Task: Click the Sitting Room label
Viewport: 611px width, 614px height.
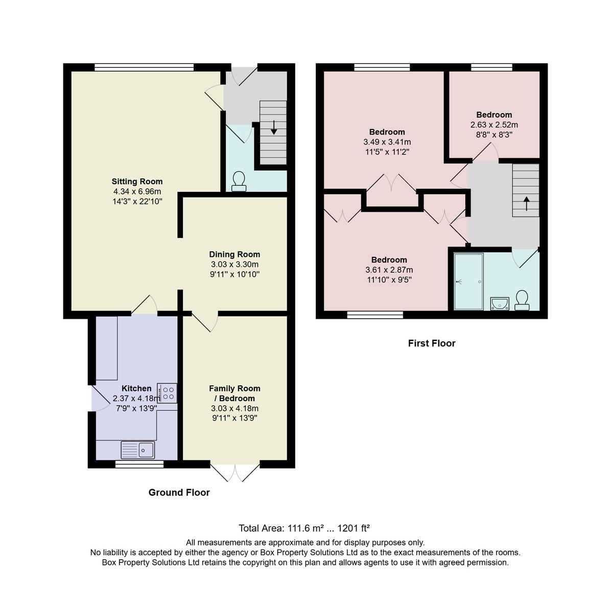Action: coord(137,181)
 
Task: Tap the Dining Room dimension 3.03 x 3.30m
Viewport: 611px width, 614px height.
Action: coord(234,264)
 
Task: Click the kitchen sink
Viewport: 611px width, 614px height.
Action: coord(138,450)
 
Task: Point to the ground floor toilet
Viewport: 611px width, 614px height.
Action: coord(239,181)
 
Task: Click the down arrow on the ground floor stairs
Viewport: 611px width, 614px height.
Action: coord(274,127)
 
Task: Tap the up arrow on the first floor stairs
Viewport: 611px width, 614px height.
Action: coord(526,204)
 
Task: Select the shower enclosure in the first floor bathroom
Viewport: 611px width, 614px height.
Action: coord(468,281)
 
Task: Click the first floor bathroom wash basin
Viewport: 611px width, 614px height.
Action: coord(500,303)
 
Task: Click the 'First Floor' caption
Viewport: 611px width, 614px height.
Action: coord(432,343)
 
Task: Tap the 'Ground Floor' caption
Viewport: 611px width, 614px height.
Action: coord(179,492)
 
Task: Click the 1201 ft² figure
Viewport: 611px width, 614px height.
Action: coord(353,528)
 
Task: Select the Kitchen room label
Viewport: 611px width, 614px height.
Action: coord(136,388)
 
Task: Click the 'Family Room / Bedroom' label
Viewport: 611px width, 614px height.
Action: coord(234,393)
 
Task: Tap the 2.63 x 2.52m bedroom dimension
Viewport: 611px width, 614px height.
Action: coord(494,124)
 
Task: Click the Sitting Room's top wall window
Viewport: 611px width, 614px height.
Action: coord(144,67)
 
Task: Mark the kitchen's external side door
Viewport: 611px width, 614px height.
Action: coord(101,398)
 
